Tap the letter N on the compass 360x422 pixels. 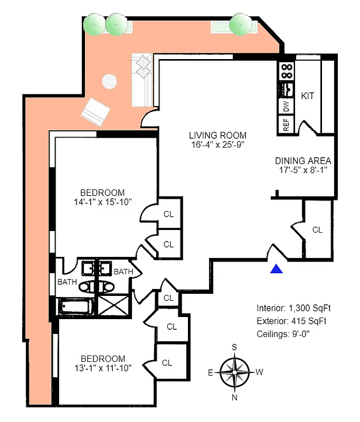click(x=234, y=397)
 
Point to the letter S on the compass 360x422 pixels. click(x=234, y=347)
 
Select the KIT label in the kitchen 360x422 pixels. click(x=308, y=96)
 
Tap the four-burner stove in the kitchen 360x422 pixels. click(x=286, y=71)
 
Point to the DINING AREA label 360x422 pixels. click(x=303, y=161)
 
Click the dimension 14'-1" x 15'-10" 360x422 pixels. click(x=102, y=202)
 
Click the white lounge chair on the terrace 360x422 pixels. click(x=95, y=111)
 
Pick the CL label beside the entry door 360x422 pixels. click(x=317, y=230)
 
